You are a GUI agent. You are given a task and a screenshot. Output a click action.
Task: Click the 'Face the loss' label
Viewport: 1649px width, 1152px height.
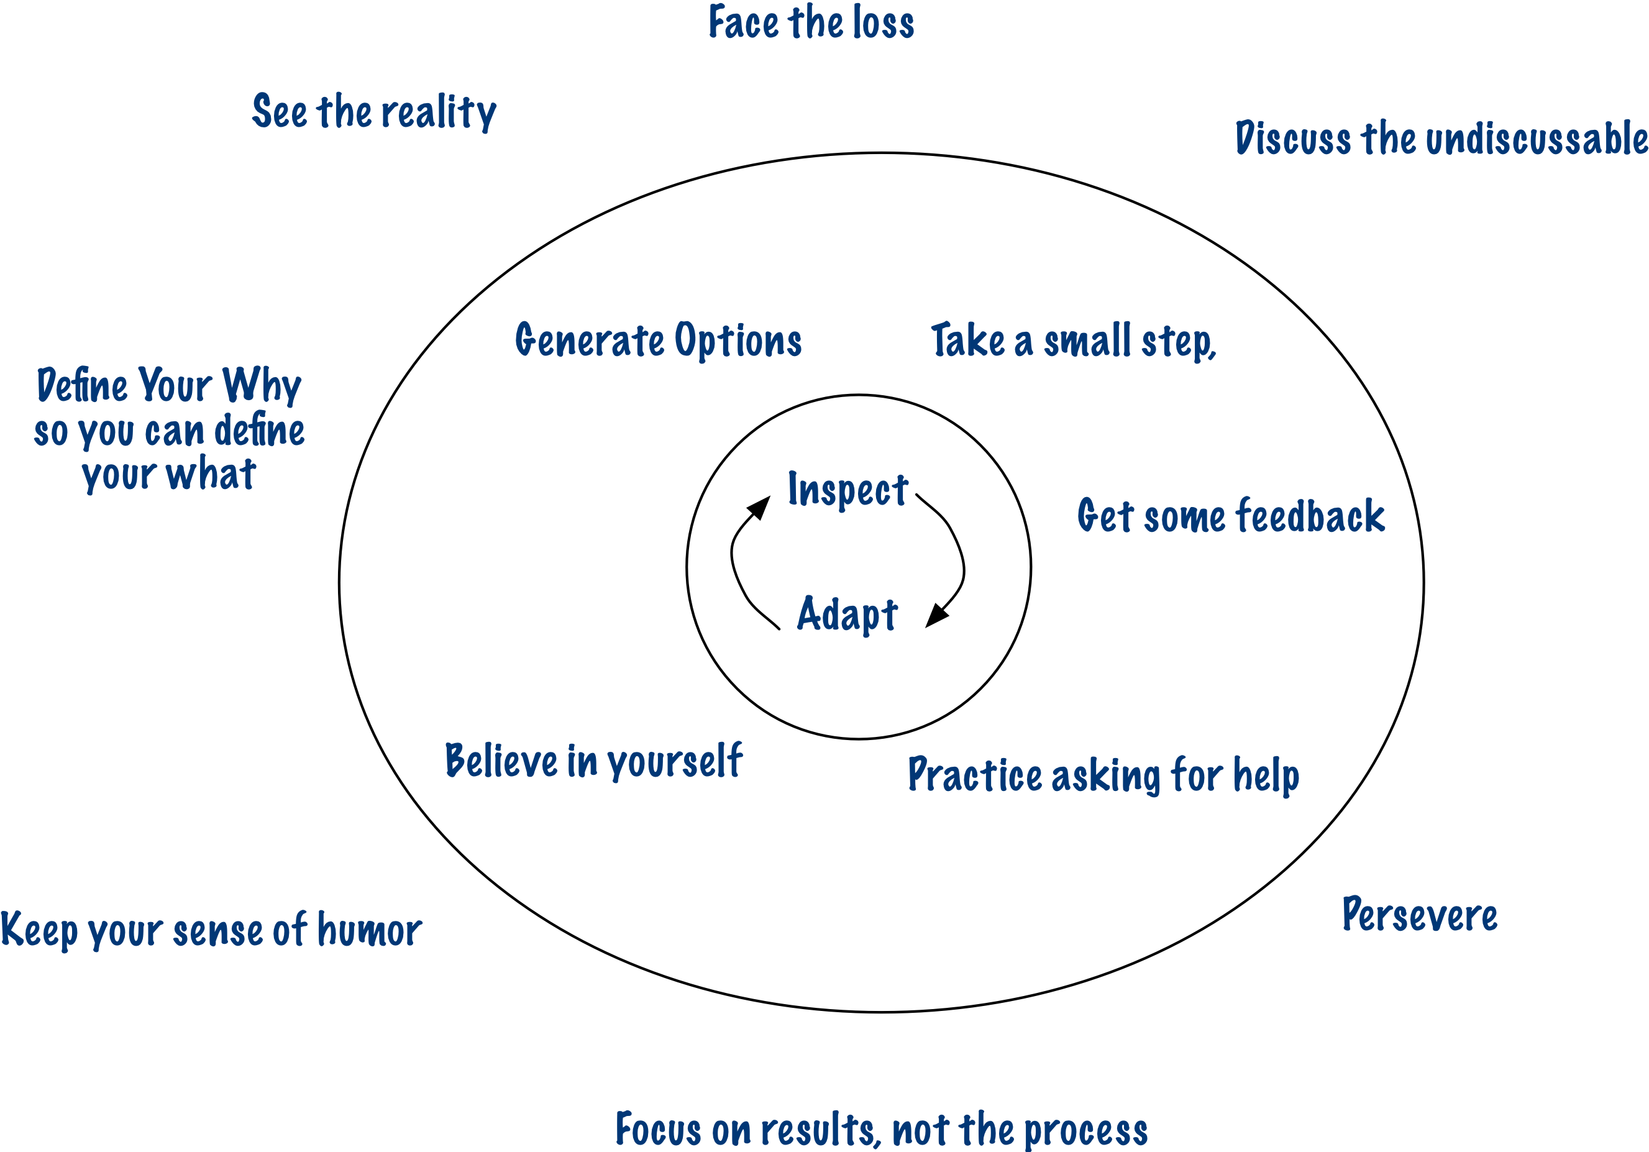click(x=811, y=22)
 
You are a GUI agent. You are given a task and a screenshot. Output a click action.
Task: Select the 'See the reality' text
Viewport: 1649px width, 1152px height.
click(x=373, y=112)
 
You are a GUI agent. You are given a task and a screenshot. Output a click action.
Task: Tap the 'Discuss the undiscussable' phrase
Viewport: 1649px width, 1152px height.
click(x=1441, y=138)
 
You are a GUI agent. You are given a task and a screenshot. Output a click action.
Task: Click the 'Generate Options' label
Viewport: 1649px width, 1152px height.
click(x=658, y=341)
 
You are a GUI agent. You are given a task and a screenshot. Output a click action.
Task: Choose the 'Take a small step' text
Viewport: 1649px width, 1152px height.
click(x=1072, y=341)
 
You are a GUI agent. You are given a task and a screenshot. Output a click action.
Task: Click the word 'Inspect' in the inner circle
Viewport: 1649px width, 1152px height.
click(x=847, y=490)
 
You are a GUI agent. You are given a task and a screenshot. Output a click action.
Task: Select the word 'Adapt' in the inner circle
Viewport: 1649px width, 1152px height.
click(x=847, y=614)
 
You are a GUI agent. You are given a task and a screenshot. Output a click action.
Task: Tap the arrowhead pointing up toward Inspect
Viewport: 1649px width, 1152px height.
click(x=760, y=506)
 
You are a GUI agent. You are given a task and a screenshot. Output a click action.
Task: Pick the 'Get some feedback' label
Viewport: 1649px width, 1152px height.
click(x=1230, y=516)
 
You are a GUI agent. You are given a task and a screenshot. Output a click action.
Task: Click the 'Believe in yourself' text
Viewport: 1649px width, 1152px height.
click(x=593, y=761)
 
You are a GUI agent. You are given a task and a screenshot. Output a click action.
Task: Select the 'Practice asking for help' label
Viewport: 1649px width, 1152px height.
click(x=1103, y=775)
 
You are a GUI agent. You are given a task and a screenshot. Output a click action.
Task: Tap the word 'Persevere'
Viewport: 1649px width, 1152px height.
click(x=1419, y=916)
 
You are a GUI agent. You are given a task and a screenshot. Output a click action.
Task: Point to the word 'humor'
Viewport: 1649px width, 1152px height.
click(x=369, y=930)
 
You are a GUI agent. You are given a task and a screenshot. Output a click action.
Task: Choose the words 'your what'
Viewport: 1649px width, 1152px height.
click(x=169, y=475)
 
